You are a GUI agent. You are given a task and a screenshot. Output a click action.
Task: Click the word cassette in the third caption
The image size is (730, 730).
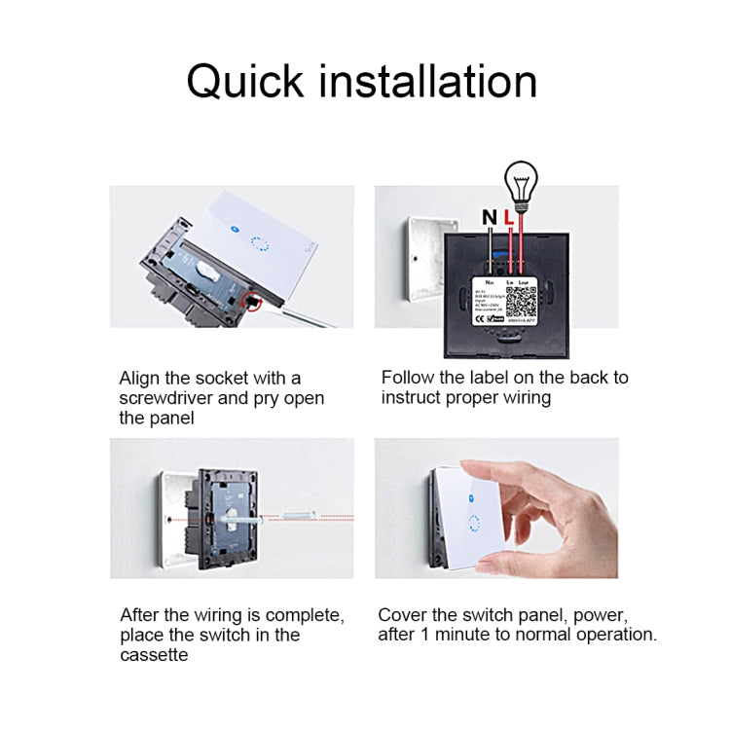tap(154, 655)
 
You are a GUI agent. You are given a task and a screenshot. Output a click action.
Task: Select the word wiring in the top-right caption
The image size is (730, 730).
tap(525, 398)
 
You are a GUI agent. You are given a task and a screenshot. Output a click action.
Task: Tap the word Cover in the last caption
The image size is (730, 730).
tap(404, 614)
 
